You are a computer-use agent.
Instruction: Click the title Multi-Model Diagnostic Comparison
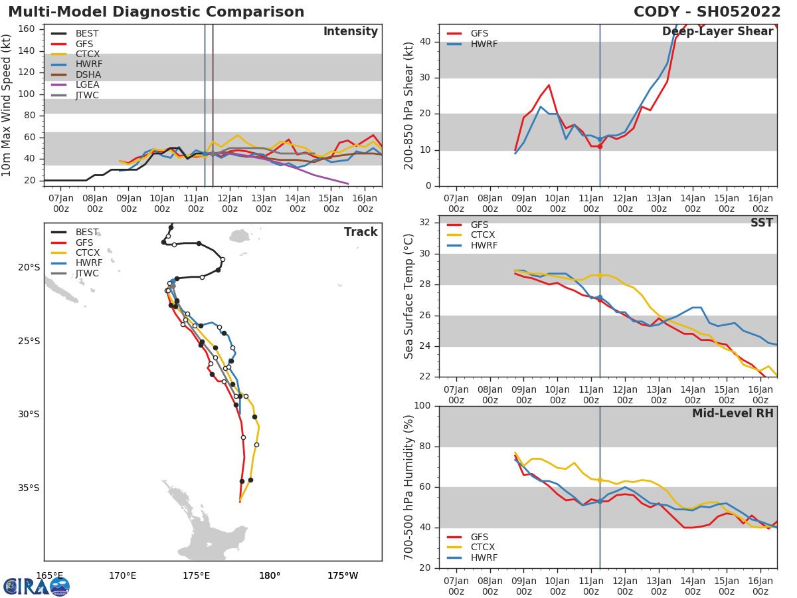pos(156,12)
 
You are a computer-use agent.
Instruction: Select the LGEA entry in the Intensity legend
pos(87,84)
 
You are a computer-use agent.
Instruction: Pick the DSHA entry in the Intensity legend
pos(88,74)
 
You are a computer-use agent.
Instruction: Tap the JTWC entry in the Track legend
pos(87,273)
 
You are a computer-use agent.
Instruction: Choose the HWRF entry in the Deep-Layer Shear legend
pos(484,44)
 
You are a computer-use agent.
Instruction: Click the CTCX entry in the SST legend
pos(484,235)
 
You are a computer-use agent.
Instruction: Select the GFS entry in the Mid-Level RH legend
pos(480,537)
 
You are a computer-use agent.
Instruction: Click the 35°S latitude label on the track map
pos(29,488)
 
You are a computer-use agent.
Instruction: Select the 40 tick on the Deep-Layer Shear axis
pos(426,42)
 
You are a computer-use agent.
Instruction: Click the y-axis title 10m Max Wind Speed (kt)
pos(7,105)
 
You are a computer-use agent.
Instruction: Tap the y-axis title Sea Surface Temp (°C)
pos(409,296)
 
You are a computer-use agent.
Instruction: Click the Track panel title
pos(361,232)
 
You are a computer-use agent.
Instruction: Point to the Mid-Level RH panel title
pos(733,413)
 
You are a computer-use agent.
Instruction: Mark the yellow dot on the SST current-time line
pos(600,275)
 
